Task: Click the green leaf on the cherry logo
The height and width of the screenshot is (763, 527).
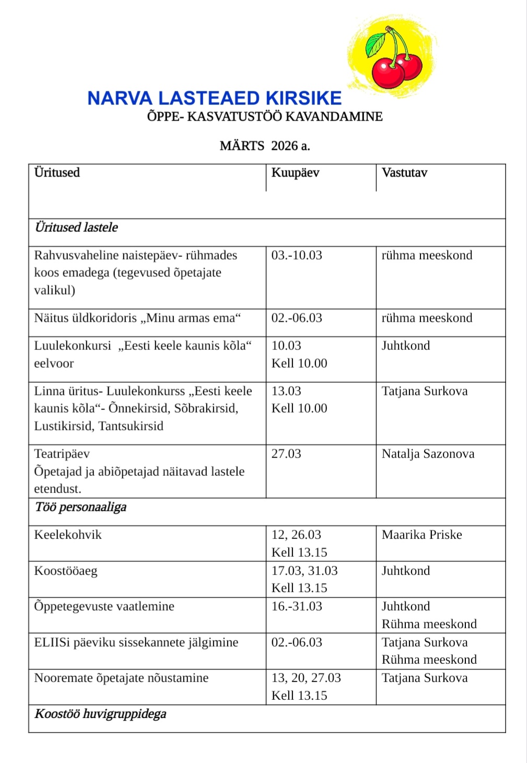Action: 376,45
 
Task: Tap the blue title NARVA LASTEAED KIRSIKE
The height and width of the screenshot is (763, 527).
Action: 214,98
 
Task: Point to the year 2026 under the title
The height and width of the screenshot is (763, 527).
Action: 285,146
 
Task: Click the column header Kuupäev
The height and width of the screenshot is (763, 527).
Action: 295,173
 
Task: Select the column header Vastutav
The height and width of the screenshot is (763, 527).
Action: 404,173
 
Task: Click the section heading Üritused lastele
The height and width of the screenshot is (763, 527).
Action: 76,227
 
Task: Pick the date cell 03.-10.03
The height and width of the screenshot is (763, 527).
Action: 297,255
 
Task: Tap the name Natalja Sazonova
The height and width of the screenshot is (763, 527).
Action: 428,454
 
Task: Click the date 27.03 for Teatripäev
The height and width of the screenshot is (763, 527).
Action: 286,454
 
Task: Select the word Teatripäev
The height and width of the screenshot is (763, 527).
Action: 62,454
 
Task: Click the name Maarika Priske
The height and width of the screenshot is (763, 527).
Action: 421,535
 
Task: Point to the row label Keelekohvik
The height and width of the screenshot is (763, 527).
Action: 68,535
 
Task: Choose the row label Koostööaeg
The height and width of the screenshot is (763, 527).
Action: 66,571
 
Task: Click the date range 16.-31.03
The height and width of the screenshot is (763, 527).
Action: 297,606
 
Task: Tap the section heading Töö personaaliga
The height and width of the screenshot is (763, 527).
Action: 80,507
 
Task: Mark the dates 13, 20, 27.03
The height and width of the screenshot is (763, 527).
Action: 306,678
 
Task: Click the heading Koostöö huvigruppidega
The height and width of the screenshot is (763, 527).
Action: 100,714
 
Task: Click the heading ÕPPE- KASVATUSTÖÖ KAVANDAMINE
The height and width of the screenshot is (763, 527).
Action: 265,116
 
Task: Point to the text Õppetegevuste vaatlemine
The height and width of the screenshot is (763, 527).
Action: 104,606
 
